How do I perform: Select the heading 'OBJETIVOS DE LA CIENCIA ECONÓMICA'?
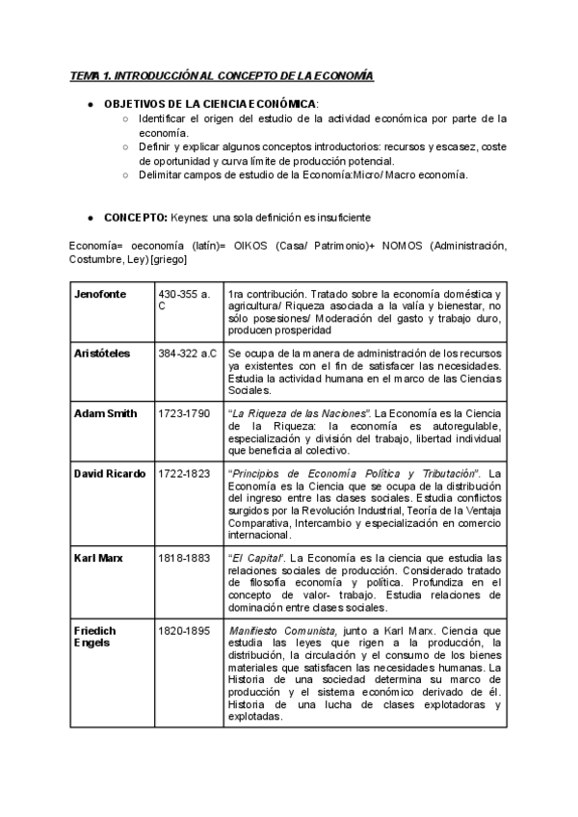click(210, 103)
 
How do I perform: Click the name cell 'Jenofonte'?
click(100, 294)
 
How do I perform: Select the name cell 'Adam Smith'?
click(106, 413)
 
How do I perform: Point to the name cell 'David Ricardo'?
click(110, 473)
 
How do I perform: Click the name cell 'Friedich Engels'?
click(95, 637)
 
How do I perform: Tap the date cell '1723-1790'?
click(185, 413)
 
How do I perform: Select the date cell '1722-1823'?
click(185, 473)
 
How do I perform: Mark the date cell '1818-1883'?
click(185, 558)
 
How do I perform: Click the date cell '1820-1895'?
click(185, 630)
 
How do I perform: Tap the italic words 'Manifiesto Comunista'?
click(281, 630)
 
